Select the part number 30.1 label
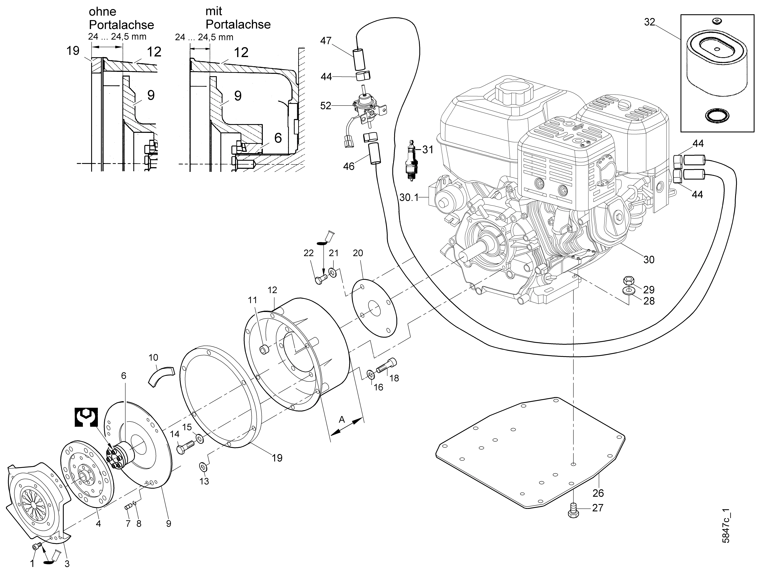409,198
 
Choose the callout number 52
325,106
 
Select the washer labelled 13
203,467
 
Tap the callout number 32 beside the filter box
649,22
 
